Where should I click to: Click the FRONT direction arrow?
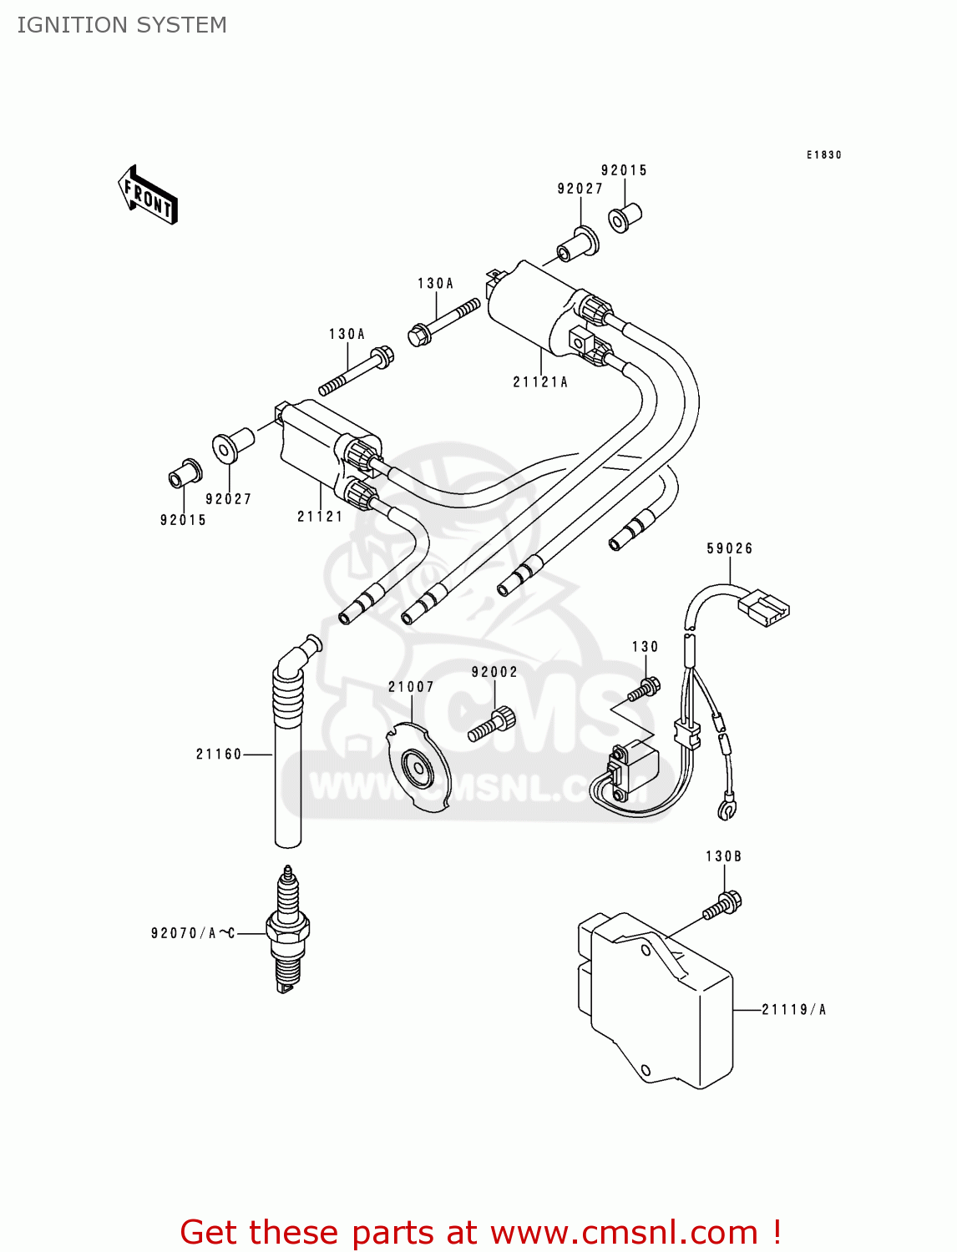coord(149,195)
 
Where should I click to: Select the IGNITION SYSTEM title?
coord(122,25)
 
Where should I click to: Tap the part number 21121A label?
coord(540,382)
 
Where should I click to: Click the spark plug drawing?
coord(287,930)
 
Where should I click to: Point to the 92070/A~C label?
coord(193,933)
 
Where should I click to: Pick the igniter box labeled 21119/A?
coord(656,997)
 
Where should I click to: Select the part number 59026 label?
coord(730,548)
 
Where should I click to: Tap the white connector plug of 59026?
coord(763,607)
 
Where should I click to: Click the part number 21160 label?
coord(219,755)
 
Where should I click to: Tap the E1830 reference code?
coord(823,155)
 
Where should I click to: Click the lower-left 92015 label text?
coord(183,520)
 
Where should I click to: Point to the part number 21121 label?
coord(320,517)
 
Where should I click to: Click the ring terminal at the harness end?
coord(726,808)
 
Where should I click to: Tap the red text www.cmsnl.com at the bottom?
coord(623,1232)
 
